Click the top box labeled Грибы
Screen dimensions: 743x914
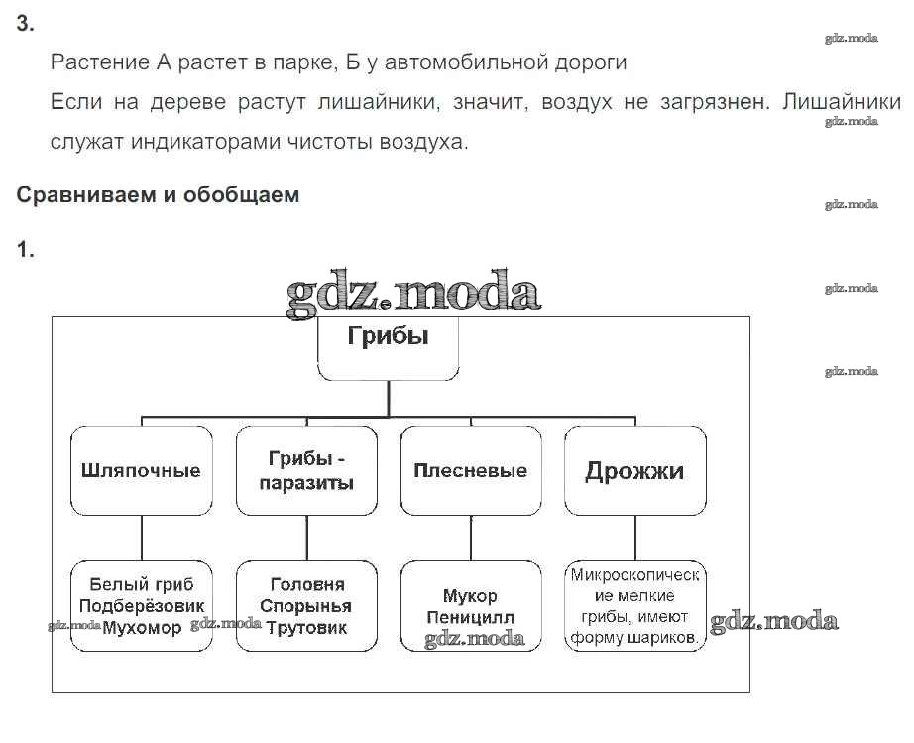388,348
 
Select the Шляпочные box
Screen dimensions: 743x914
141,470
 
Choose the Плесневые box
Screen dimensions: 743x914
470,470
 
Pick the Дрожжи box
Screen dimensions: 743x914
634,470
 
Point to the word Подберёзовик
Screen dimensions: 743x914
142,606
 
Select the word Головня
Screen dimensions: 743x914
306,584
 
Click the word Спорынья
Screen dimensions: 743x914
306,606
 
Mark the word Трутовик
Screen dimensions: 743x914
306,628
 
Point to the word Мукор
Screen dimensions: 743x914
470,596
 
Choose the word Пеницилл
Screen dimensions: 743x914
470,618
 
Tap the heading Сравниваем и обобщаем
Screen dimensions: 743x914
158,195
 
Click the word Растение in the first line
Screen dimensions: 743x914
99,62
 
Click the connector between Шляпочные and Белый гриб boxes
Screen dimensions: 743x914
141,538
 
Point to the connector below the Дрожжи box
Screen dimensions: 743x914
634,538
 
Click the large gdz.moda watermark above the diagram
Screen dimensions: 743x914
413,292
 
